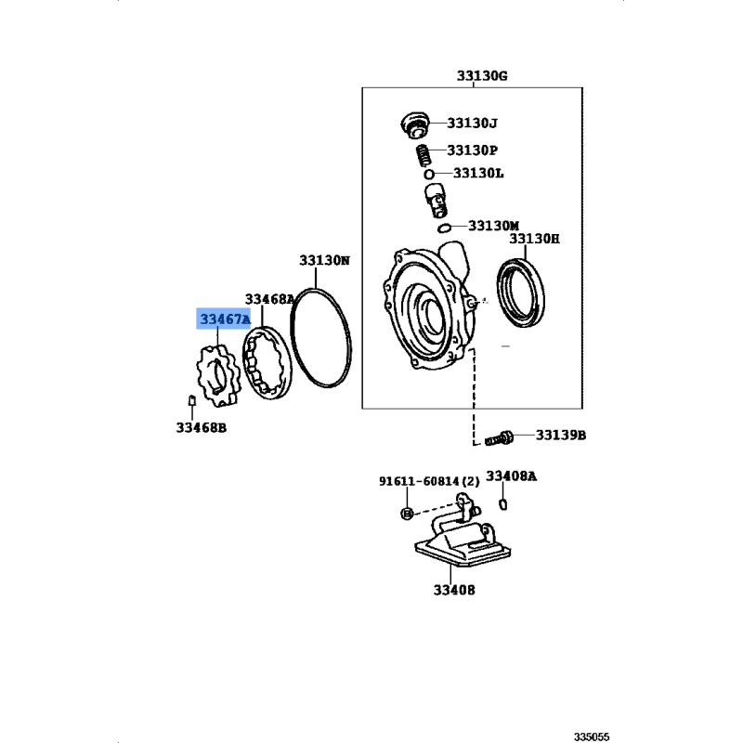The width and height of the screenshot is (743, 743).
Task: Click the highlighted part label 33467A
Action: pyautogui.click(x=225, y=319)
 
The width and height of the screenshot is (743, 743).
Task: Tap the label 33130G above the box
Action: pyautogui.click(x=482, y=76)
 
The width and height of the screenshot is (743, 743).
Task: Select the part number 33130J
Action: pyautogui.click(x=473, y=124)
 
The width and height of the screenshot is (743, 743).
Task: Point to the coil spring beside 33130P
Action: pyautogui.click(x=423, y=155)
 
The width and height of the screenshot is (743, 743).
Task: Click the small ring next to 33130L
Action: pyautogui.click(x=429, y=174)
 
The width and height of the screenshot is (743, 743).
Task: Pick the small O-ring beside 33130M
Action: pyautogui.click(x=444, y=228)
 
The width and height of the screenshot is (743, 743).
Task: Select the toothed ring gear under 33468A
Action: pyautogui.click(x=267, y=362)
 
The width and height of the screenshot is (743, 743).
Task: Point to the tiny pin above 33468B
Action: pyautogui.click(x=192, y=400)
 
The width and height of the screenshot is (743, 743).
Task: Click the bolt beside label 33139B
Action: pyautogui.click(x=499, y=437)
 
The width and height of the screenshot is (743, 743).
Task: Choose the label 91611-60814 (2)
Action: pyautogui.click(x=429, y=481)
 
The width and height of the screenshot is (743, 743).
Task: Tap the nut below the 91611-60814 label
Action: pyautogui.click(x=407, y=513)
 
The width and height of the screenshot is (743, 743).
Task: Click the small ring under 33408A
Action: pyautogui.click(x=503, y=504)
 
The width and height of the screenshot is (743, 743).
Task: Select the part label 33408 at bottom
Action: pyautogui.click(x=454, y=590)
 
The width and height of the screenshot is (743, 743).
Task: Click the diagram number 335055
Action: pyautogui.click(x=592, y=736)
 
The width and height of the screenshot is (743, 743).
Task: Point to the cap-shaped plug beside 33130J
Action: pyautogui.click(x=414, y=125)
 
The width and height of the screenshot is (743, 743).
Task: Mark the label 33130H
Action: pyautogui.click(x=535, y=239)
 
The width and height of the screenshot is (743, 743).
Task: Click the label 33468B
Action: pyautogui.click(x=202, y=428)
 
